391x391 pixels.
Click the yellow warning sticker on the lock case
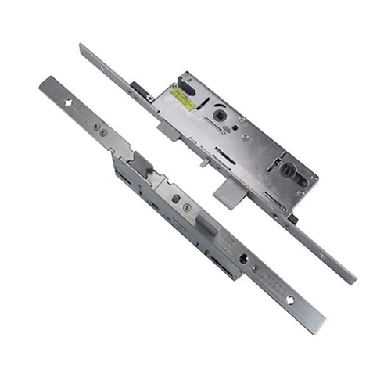(185, 99)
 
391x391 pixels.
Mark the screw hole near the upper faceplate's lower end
(321, 255)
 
